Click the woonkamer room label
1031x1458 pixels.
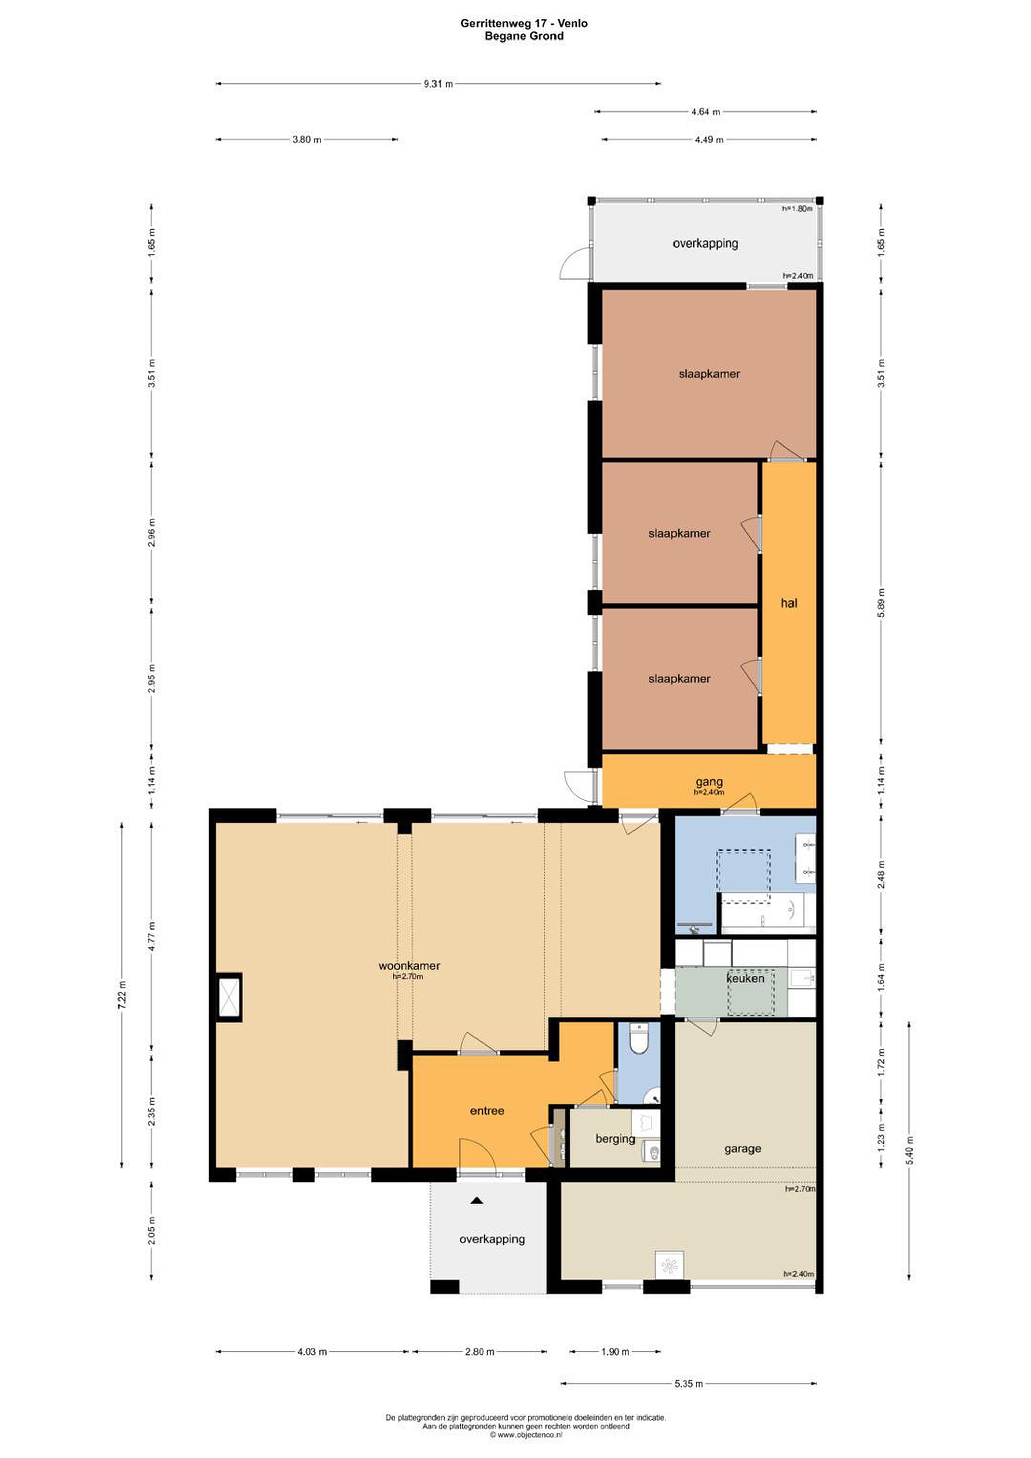click(x=409, y=966)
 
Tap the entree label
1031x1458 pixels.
click(x=487, y=1111)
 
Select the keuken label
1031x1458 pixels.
click(x=745, y=979)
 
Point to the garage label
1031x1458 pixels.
click(x=742, y=1149)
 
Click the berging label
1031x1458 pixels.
click(x=615, y=1139)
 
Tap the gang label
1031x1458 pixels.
click(x=709, y=782)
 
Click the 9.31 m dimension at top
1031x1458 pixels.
click(x=439, y=83)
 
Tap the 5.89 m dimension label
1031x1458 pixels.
click(x=881, y=602)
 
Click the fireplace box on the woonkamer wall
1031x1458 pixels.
click(x=228, y=996)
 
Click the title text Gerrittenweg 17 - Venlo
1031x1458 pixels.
click(x=524, y=23)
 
